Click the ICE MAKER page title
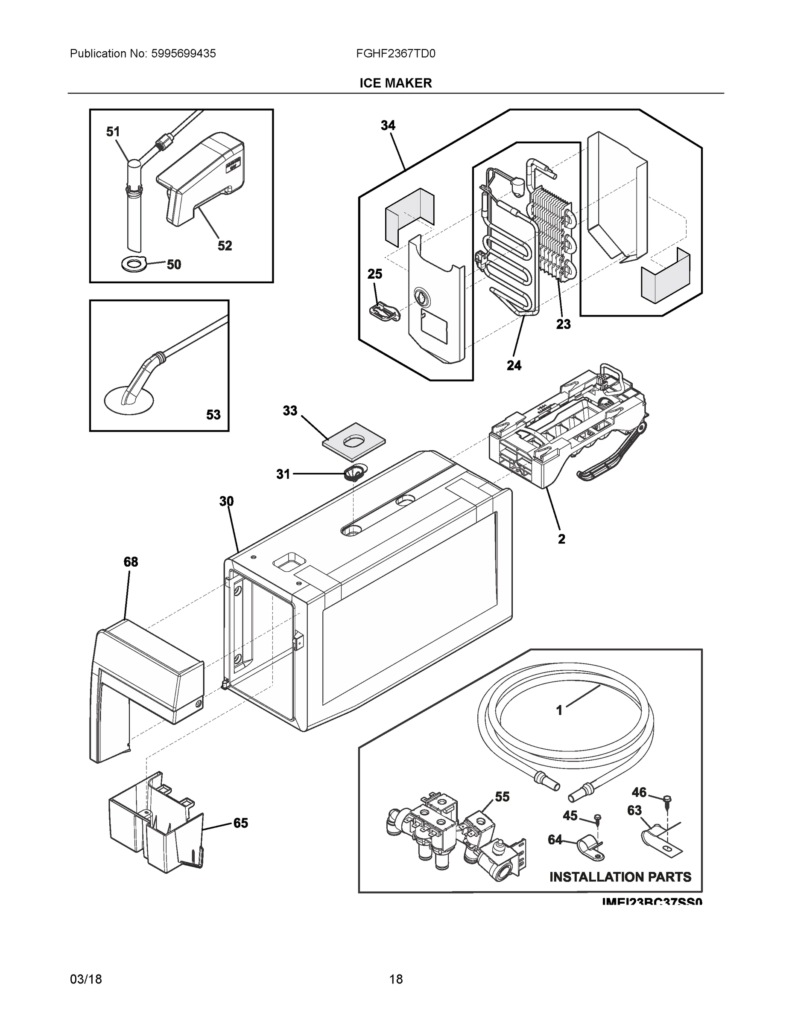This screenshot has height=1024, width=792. pos(395,83)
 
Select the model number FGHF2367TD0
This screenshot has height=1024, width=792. pos(395,54)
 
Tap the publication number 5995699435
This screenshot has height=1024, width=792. pos(183,54)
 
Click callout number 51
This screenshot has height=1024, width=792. pos(113,132)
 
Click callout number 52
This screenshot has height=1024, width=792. pos(225,246)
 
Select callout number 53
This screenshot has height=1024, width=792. pos(213,414)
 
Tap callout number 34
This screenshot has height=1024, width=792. pos(388,126)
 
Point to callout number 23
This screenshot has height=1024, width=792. pos(564,324)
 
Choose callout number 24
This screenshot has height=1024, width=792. pos(514,365)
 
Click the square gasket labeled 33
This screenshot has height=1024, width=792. pos(354,441)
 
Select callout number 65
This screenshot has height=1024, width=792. pos(241,823)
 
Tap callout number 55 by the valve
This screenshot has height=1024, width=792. pos(503,797)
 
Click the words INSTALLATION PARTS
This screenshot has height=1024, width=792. pos(620,877)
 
